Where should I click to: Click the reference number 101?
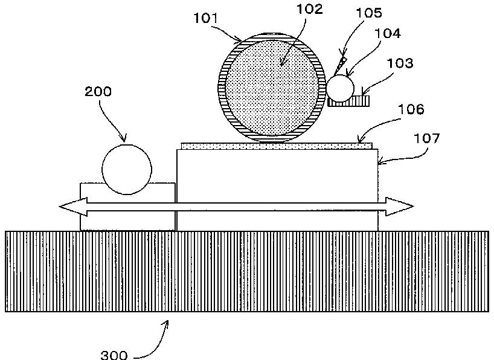(205, 18)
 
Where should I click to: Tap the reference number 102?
(310, 8)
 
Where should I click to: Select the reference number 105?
(368, 13)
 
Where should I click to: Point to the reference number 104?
(388, 33)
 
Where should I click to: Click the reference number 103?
(400, 63)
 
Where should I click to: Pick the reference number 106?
(411, 109)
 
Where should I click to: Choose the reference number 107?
(426, 138)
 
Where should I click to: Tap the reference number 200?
(98, 91)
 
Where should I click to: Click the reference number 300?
(114, 355)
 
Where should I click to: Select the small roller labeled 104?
(340, 88)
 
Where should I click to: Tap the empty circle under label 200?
(127, 170)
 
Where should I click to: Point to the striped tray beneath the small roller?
(348, 101)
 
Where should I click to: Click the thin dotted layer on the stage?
(277, 146)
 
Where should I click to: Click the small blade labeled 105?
(340, 65)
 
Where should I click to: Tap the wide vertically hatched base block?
(247, 271)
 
